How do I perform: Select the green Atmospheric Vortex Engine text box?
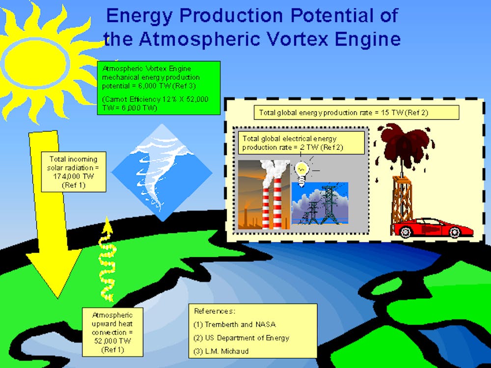click(x=159, y=88)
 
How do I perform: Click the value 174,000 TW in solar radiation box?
click(x=73, y=176)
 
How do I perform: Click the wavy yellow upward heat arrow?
click(x=107, y=260)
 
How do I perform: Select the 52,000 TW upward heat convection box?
click(x=112, y=332)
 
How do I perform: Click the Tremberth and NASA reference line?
click(x=235, y=324)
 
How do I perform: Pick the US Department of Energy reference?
click(x=241, y=338)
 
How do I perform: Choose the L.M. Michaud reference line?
click(x=221, y=351)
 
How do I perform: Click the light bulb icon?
click(x=302, y=174)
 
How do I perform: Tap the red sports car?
click(x=433, y=228)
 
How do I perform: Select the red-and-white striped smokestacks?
click(x=271, y=204)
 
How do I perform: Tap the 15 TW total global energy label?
click(x=356, y=113)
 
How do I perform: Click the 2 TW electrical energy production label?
click(x=301, y=143)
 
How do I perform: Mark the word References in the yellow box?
click(x=214, y=311)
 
